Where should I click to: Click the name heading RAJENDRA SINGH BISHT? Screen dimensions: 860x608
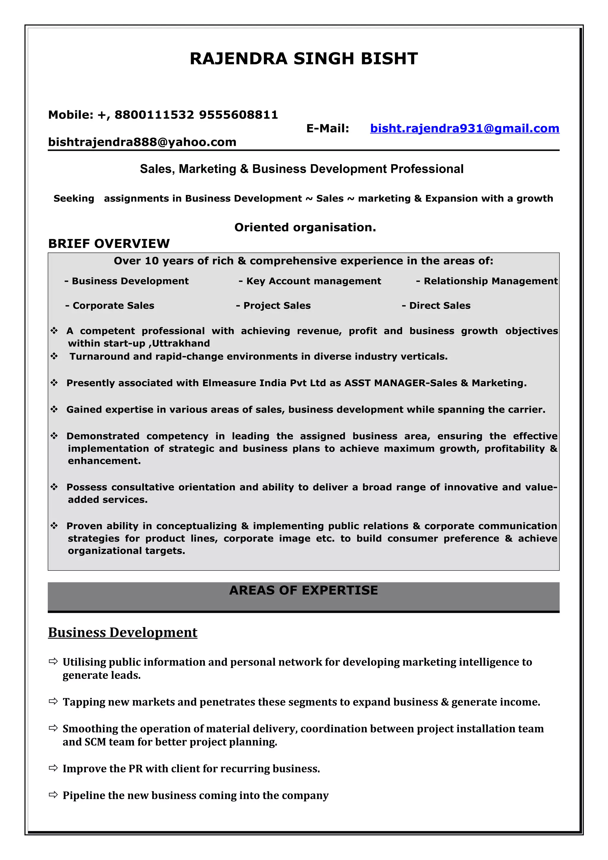point(303,59)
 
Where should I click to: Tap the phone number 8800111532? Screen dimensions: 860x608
point(154,115)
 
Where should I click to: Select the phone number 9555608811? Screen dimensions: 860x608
point(239,115)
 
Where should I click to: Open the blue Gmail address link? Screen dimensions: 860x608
point(465,128)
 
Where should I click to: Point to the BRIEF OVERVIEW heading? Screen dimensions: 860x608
point(109,244)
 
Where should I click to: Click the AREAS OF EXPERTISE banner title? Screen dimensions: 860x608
point(303,591)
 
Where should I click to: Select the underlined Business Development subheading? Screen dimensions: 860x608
point(123,633)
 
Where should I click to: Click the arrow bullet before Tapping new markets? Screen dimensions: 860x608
point(53,701)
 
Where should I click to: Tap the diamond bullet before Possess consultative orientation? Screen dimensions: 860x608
point(54,487)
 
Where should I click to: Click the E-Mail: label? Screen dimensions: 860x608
point(327,128)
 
